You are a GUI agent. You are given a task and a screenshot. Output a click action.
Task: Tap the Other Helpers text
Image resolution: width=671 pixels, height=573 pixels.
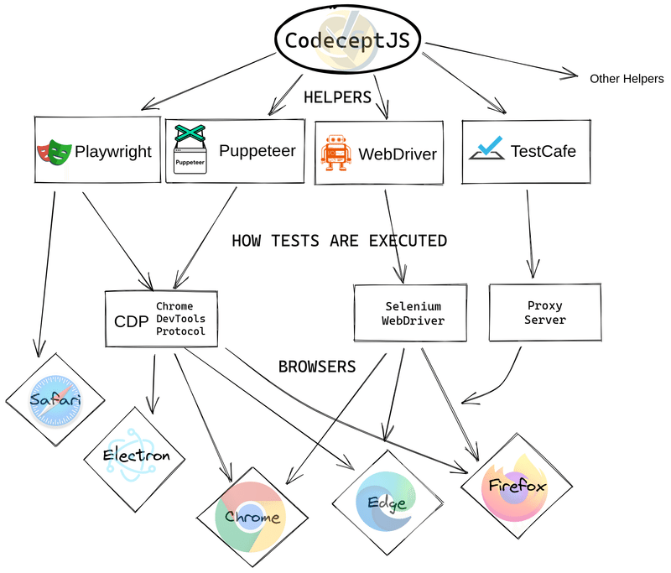coord(626,79)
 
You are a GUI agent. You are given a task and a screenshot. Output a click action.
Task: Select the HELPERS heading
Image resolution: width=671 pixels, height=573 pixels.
coord(337,97)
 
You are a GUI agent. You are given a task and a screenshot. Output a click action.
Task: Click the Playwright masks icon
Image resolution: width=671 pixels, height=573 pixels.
coord(54,153)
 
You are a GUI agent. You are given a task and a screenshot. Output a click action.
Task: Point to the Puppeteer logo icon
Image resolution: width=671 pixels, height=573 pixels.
coord(190,148)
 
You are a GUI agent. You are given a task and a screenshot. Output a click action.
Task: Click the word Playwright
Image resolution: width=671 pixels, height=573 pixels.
coord(113,152)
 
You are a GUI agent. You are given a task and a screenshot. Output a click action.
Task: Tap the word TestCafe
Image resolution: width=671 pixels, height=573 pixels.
coord(543,152)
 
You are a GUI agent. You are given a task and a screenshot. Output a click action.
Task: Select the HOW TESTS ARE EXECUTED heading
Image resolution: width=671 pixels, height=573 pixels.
coord(339,241)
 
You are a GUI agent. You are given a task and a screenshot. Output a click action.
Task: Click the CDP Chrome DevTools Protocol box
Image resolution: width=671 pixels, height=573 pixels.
coord(161,319)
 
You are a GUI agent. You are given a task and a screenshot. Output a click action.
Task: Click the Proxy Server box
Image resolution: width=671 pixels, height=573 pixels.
coord(545,312)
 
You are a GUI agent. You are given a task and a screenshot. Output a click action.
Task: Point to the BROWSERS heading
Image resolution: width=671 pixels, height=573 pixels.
coord(317,367)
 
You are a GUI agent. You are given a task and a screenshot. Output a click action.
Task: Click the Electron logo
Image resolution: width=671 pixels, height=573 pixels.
coord(136,456)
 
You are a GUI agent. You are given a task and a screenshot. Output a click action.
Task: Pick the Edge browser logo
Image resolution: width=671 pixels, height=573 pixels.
coord(388,502)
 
